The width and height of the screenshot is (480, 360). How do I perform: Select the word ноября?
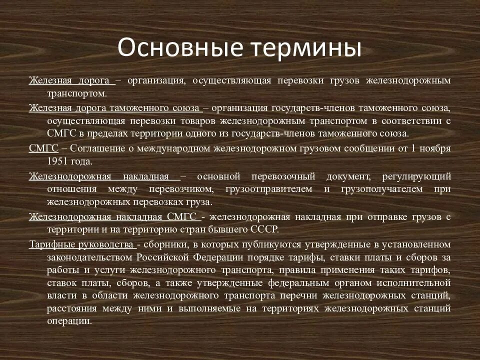point(434,148)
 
